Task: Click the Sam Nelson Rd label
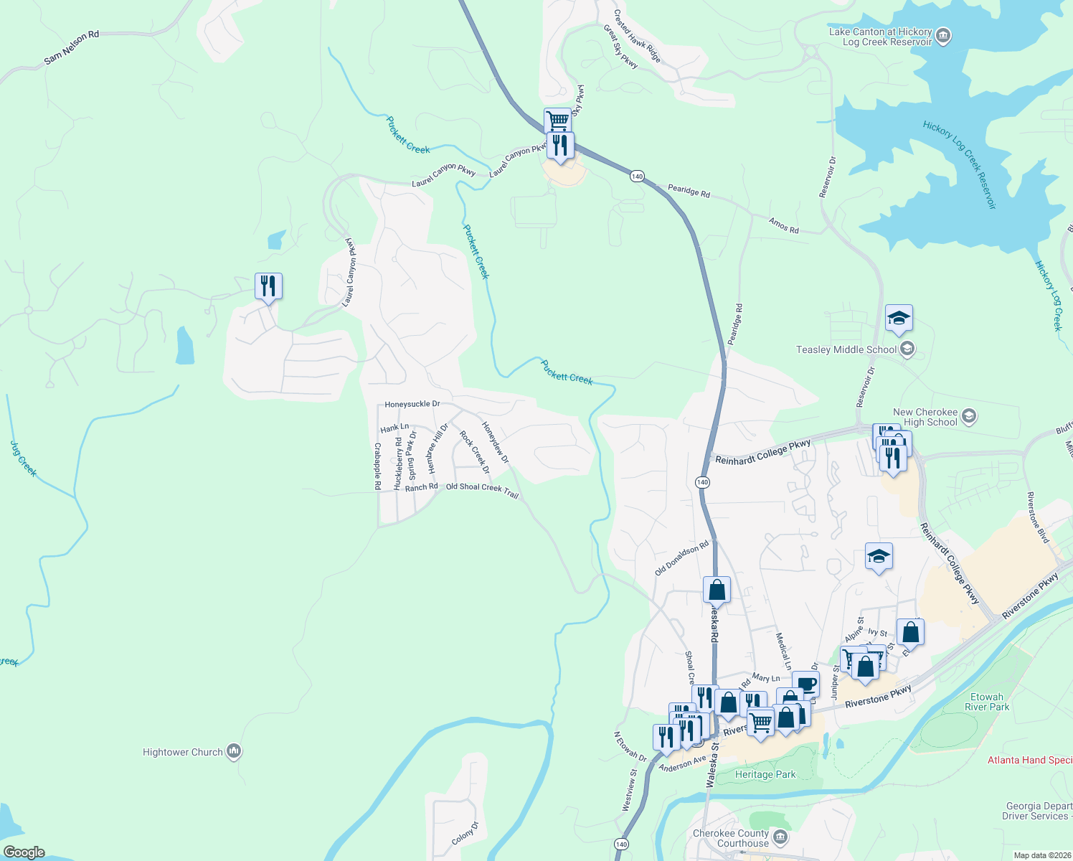(x=71, y=47)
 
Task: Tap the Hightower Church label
(x=183, y=752)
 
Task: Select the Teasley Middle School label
(x=846, y=349)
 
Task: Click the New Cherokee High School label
(x=925, y=417)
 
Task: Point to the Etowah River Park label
(x=987, y=702)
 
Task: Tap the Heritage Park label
(x=765, y=774)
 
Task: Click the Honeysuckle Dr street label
(x=412, y=404)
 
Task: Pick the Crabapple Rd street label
(x=377, y=466)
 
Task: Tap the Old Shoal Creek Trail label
(x=482, y=489)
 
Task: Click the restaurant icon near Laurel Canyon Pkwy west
(x=268, y=286)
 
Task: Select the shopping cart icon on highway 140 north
(x=557, y=120)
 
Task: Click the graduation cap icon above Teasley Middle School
(x=898, y=317)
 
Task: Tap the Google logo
(x=24, y=852)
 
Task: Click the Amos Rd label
(x=783, y=225)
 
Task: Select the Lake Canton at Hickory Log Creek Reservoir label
(x=880, y=37)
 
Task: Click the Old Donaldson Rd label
(x=681, y=558)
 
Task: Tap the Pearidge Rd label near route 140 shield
(x=689, y=191)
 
